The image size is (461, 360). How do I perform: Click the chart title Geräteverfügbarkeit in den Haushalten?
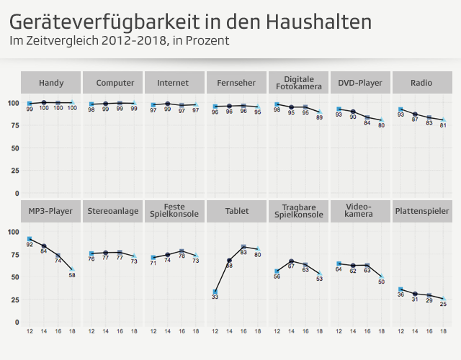point(191,22)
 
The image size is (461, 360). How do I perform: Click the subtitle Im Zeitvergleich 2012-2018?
point(120,40)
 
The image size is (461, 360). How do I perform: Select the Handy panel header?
point(50,84)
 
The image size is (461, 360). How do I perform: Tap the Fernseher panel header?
point(236,84)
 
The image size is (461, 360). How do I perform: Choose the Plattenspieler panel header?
point(423,212)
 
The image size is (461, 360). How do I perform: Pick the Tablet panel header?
point(236,212)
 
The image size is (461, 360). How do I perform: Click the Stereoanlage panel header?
point(112,212)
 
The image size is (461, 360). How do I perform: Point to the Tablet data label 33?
point(215,297)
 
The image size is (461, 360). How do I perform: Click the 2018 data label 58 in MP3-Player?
point(72,275)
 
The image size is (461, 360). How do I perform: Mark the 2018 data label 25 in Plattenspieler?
point(444,305)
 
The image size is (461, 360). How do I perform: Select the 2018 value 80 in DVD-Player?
point(382,126)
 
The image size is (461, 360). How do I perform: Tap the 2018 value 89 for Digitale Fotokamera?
point(320,117)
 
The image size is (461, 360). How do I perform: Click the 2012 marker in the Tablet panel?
point(215,292)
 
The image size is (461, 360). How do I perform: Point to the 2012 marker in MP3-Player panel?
point(30,238)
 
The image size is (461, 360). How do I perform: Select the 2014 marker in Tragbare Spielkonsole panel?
point(291,261)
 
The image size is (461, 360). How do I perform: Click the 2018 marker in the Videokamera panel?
point(382,276)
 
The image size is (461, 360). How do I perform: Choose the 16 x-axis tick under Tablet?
point(243,331)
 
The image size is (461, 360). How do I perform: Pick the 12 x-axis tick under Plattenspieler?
point(401,331)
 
